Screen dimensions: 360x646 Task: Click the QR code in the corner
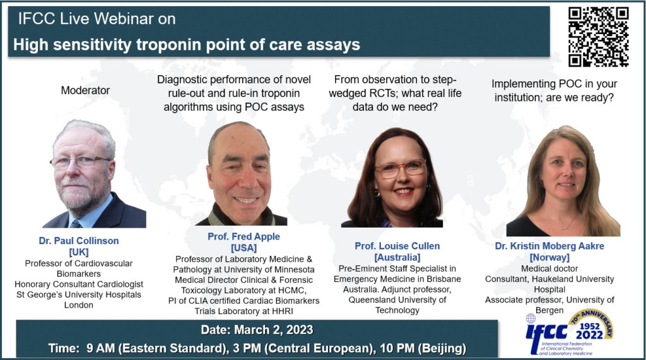[x=599, y=36]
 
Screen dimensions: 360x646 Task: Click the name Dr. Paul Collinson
[x=79, y=240]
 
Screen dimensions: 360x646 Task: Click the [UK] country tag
[x=79, y=252]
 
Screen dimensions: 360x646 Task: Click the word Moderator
[x=85, y=90]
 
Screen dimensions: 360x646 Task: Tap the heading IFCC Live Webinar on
[x=97, y=19]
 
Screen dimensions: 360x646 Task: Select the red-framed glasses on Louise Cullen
[x=399, y=168]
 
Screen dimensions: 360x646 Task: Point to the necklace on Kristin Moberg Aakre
[x=566, y=224]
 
